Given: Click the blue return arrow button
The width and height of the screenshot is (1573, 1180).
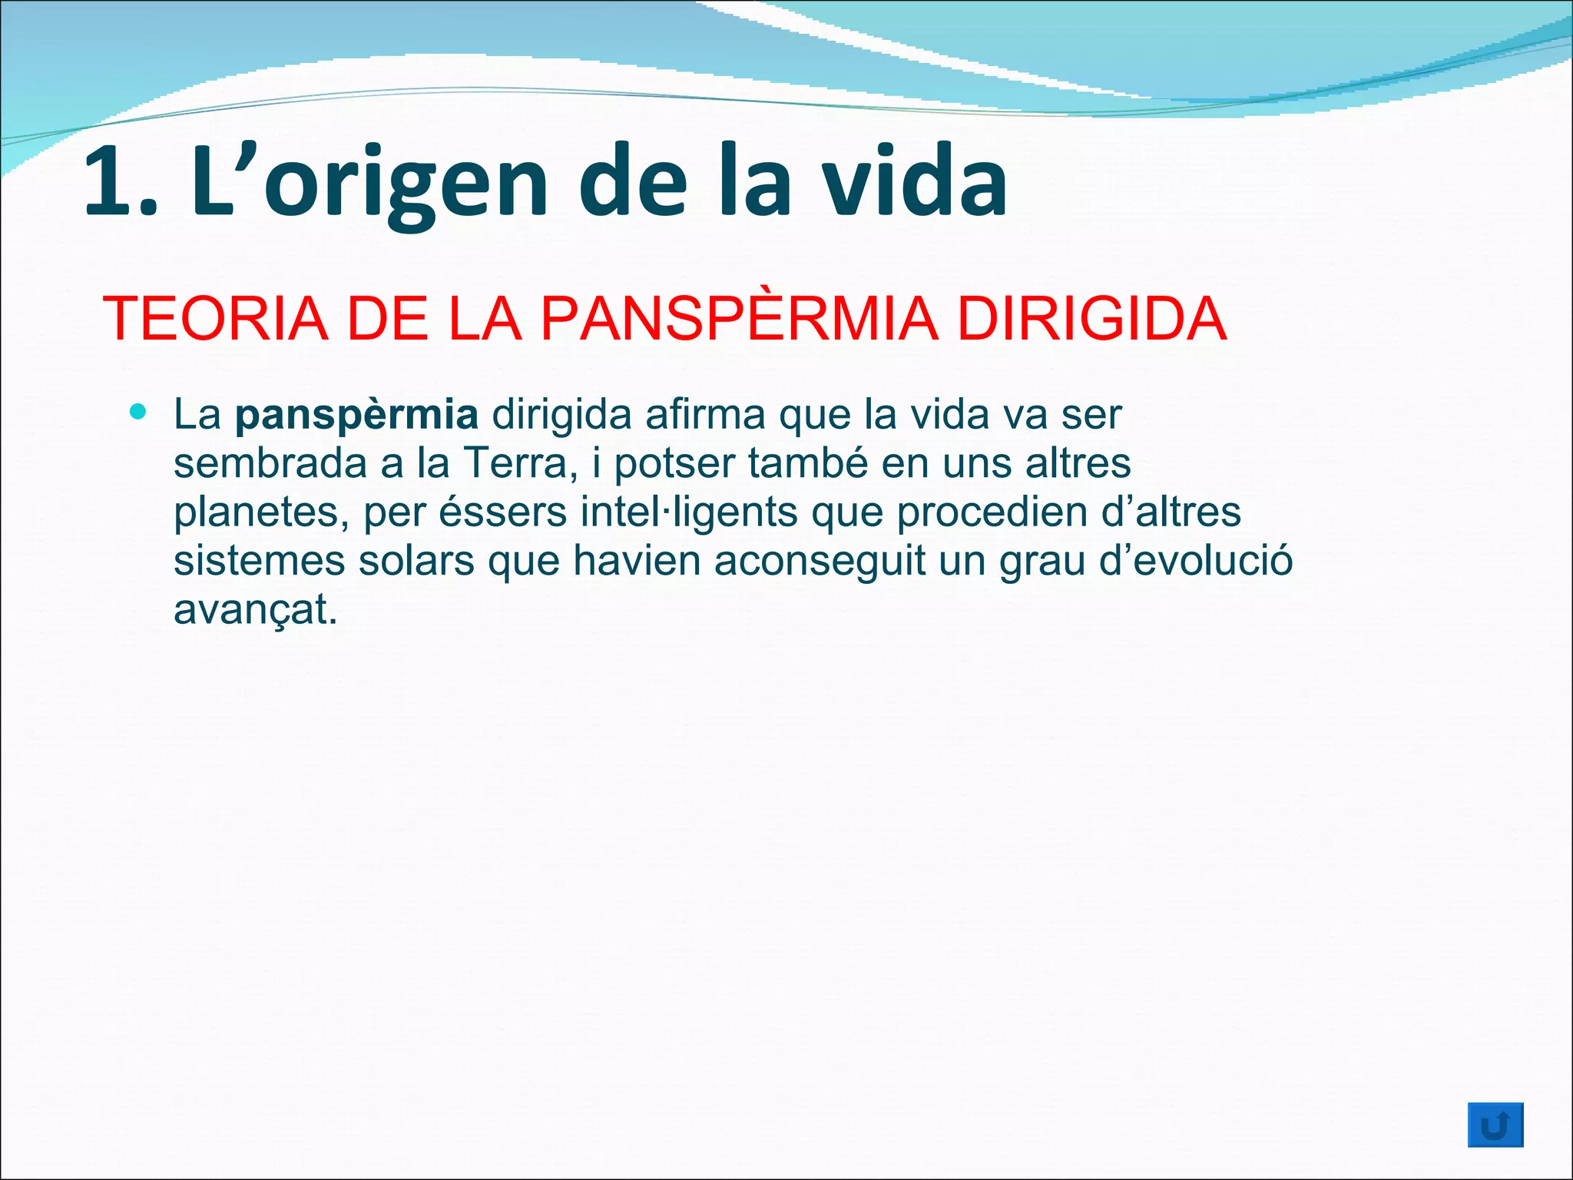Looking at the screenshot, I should coord(1495,1125).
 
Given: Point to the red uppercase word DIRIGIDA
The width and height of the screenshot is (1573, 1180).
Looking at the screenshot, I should coord(1091,319).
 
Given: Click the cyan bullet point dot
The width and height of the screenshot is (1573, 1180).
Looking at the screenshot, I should coord(138,413).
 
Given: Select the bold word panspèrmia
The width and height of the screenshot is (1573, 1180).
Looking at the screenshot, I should coord(356,416).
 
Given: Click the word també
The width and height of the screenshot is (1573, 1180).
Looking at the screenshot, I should coord(807,463).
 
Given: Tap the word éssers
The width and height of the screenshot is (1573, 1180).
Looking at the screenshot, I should coord(502,512).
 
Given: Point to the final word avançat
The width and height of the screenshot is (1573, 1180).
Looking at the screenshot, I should coord(255,611).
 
